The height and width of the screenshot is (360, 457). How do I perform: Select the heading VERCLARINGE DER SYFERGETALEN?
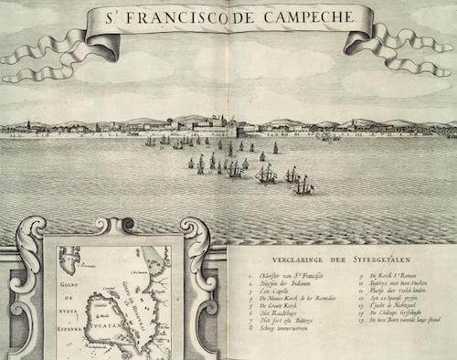pos(333,257)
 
